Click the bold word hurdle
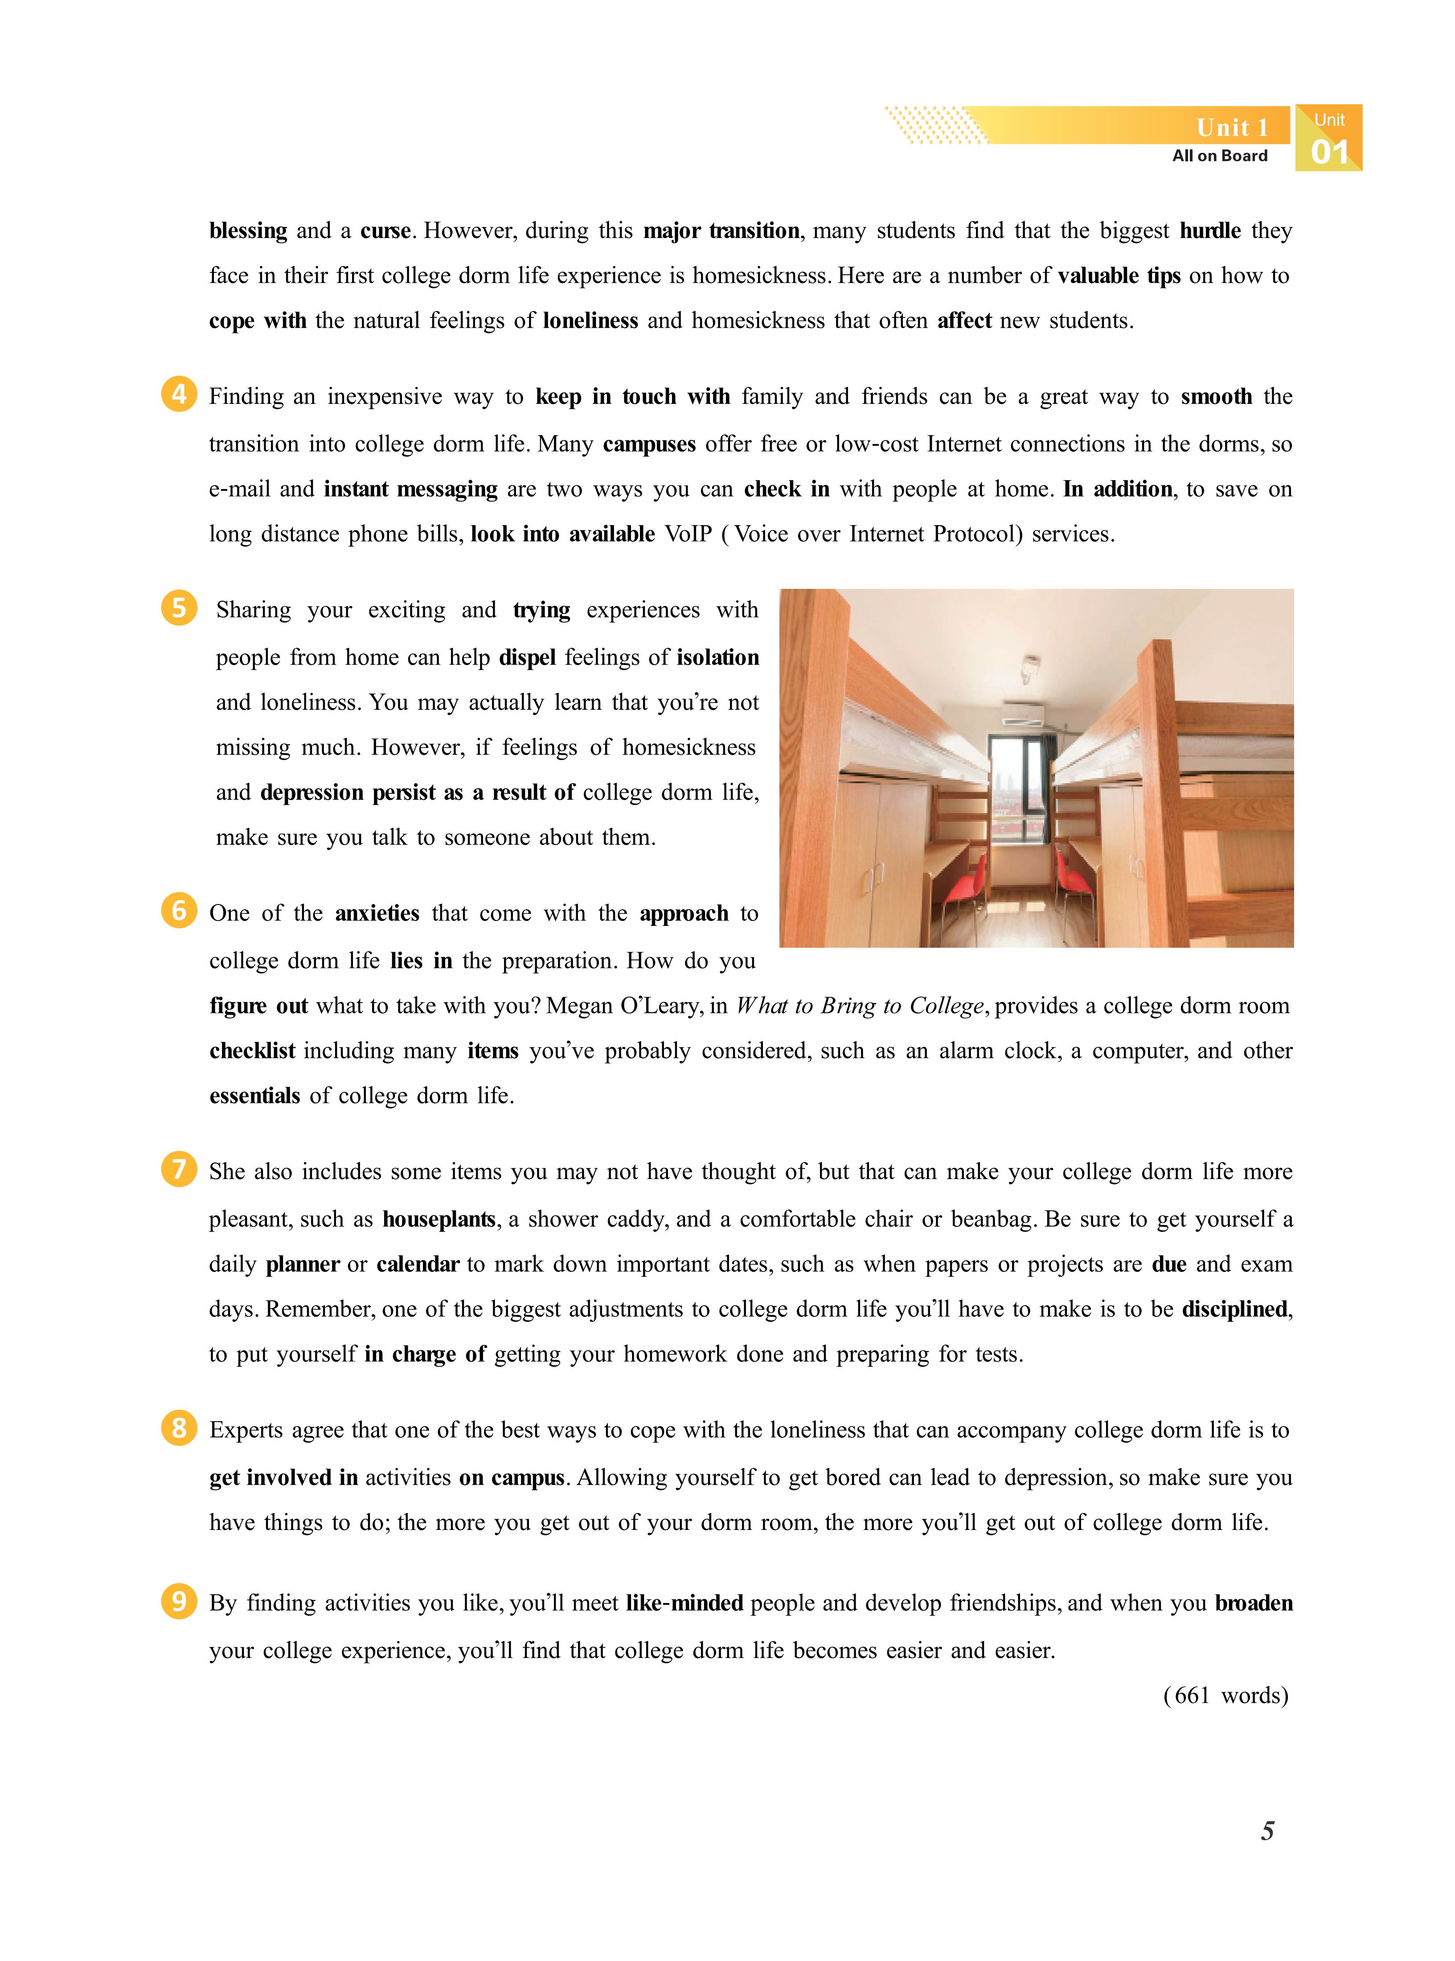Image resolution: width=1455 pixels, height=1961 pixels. click(1210, 231)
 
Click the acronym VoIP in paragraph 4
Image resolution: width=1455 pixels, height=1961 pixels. click(688, 534)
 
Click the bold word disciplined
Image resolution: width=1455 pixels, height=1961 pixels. click(1236, 1309)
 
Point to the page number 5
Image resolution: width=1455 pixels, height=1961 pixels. click(1266, 1831)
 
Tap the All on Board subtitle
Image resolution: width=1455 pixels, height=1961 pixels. click(1220, 156)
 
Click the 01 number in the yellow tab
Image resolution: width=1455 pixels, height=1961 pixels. click(1329, 152)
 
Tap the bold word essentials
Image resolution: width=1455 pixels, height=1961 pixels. click(254, 1096)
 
